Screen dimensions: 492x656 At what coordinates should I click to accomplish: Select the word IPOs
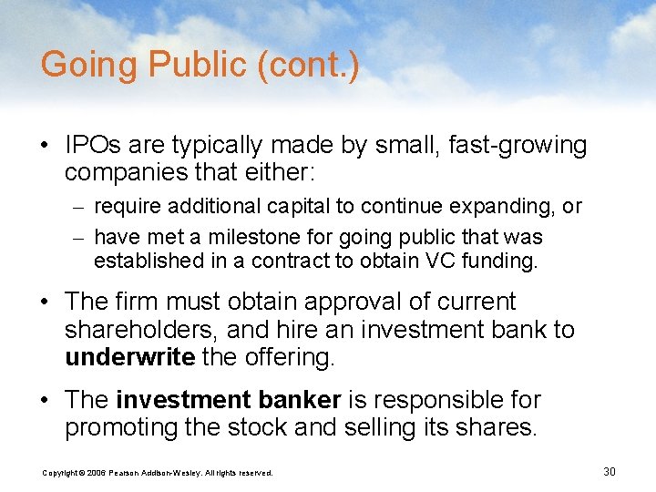point(96,145)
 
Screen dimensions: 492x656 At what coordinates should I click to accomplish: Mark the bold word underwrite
point(129,357)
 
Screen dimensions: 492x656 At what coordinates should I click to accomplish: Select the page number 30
point(610,471)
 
